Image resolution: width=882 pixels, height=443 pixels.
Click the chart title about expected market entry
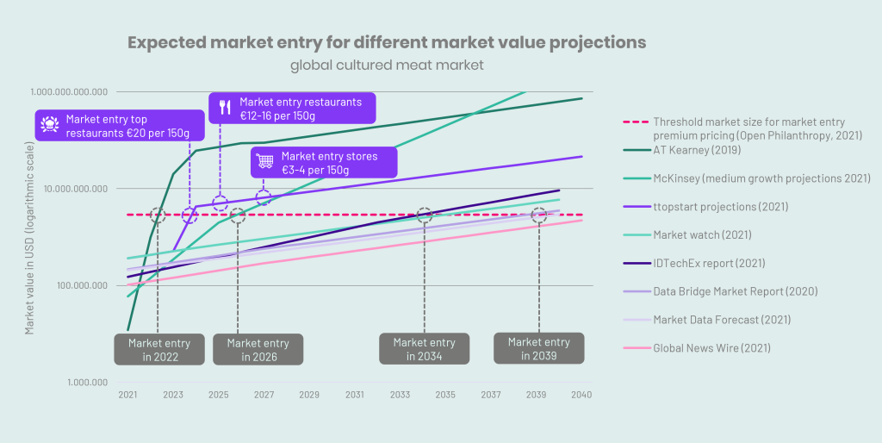click(x=387, y=43)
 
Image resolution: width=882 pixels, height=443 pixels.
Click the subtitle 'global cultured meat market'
click(x=387, y=66)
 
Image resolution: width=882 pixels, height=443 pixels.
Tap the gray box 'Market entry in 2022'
click(x=158, y=349)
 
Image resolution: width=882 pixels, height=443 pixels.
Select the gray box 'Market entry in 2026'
click(x=258, y=349)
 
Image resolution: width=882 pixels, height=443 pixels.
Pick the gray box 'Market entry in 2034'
click(x=424, y=349)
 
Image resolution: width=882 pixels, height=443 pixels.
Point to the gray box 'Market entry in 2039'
click(x=538, y=348)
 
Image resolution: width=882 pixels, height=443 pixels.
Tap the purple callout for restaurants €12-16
click(x=292, y=109)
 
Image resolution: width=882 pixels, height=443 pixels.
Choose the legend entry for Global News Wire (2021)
click(x=711, y=348)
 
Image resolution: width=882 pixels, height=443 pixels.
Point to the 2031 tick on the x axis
click(x=354, y=395)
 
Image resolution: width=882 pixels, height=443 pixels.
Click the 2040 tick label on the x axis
click(x=581, y=395)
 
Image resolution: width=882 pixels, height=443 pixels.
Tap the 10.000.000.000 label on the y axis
click(x=68, y=189)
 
